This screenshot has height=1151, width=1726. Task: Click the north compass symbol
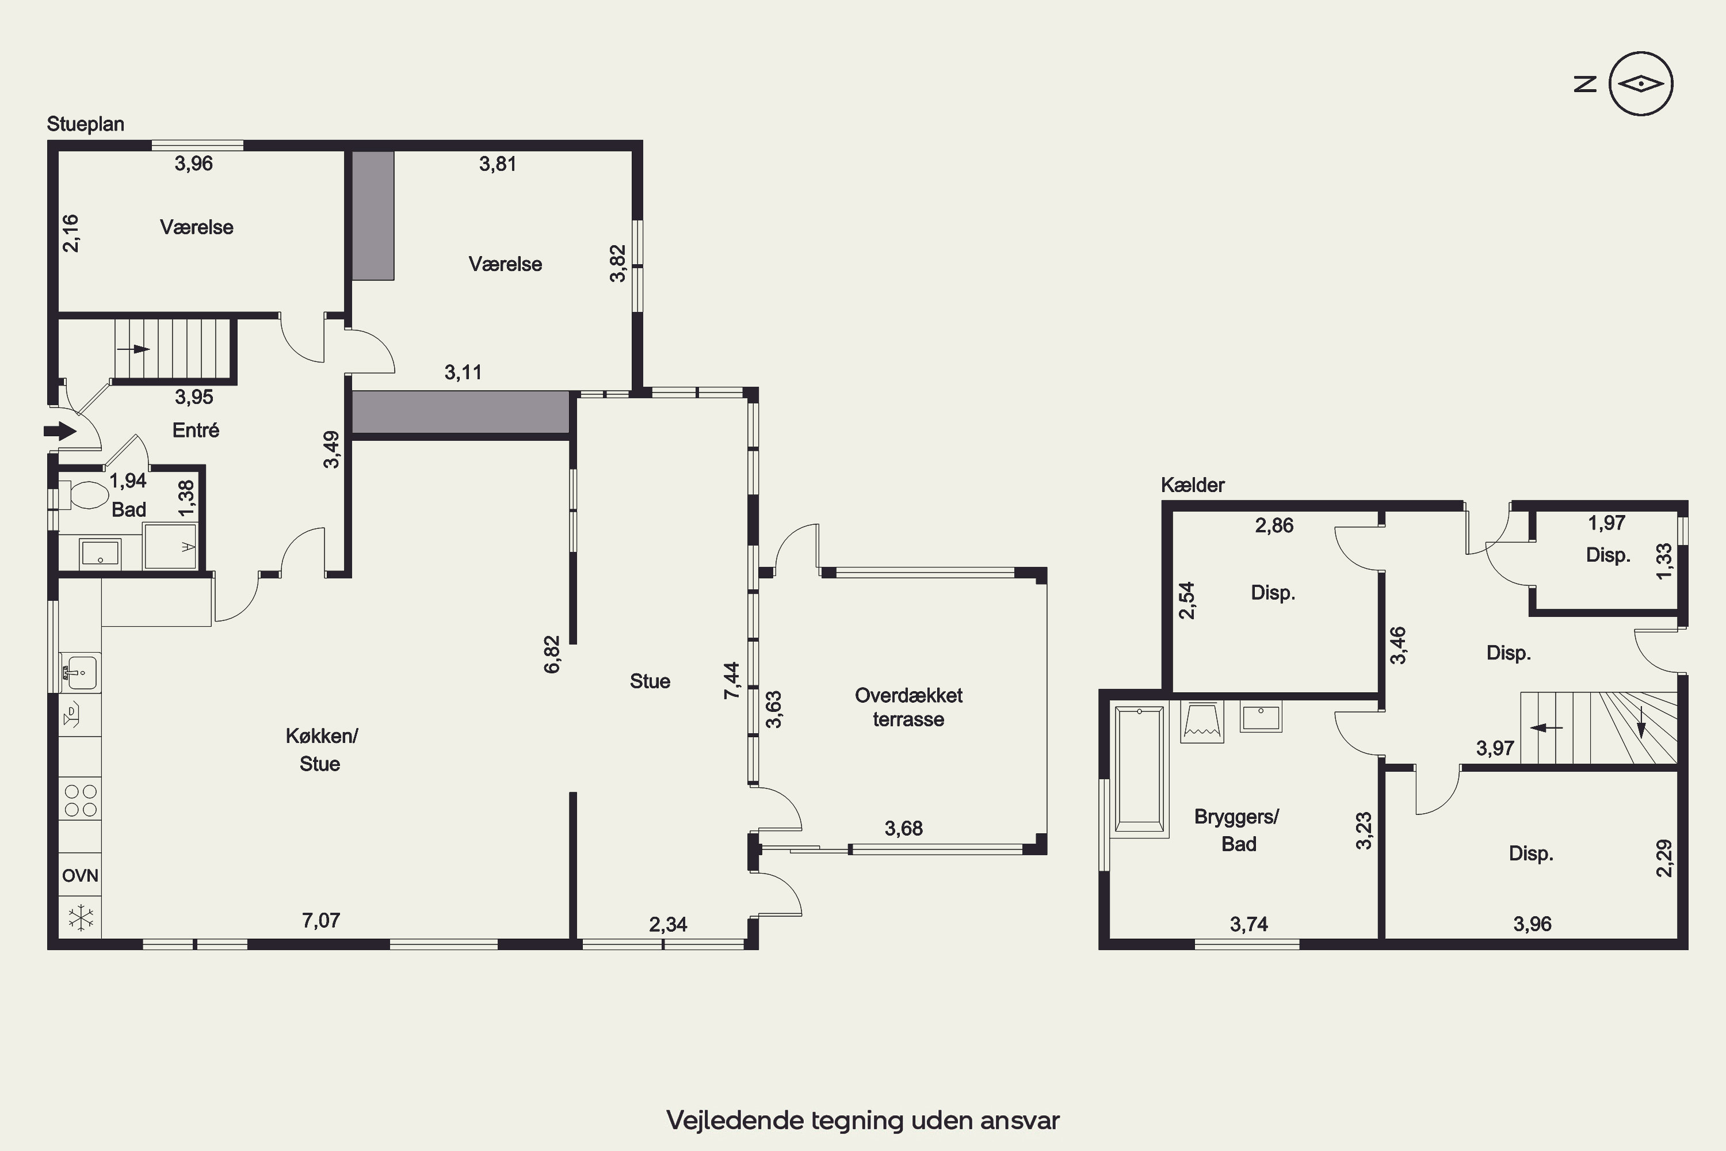1641,83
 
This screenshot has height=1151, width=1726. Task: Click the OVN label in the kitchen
80,875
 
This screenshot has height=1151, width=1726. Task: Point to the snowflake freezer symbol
81,917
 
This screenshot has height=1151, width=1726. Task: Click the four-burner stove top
81,800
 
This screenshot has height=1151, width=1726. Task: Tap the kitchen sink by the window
81,672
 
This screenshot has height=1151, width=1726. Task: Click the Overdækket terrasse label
908,707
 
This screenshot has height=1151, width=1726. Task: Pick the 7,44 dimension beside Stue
732,680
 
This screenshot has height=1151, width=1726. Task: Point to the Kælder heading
1193,485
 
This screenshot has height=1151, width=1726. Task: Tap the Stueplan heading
85,124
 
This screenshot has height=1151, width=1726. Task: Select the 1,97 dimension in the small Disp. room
1606,523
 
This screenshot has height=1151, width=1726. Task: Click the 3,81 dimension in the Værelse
498,163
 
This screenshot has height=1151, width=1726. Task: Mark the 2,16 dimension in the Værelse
70,234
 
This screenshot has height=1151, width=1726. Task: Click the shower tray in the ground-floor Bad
170,546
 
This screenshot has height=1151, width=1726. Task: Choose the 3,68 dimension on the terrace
903,828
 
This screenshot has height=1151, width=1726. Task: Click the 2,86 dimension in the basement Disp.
1274,525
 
